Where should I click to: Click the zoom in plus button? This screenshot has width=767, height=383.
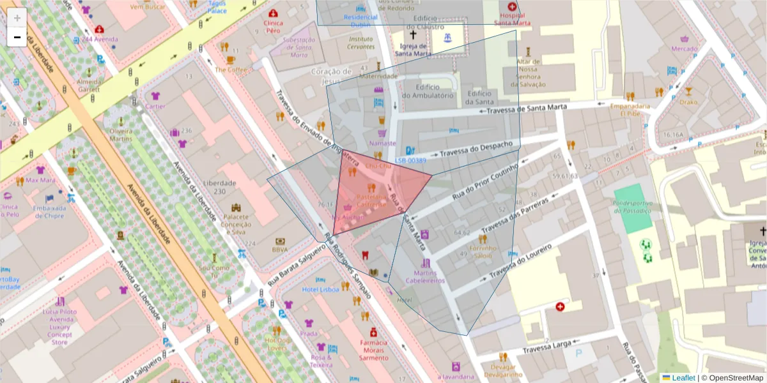[x=17, y=18]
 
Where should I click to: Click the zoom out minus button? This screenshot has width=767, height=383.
[x=17, y=37]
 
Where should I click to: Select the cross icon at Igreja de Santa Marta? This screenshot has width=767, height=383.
[x=413, y=35]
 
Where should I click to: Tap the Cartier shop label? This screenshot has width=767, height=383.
[x=155, y=106]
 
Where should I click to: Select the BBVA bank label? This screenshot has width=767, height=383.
[x=280, y=250]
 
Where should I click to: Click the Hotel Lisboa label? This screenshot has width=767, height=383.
[x=320, y=289]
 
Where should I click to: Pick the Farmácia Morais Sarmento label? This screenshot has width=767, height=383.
[x=373, y=350]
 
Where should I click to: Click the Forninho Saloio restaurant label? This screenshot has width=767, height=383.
[x=483, y=252]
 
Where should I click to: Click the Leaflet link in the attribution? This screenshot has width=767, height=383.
[x=683, y=378]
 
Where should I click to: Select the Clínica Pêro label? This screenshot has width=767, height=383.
[x=274, y=26]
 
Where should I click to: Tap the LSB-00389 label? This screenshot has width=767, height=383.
[x=410, y=161]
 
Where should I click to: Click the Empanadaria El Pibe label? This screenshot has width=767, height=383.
[x=630, y=109]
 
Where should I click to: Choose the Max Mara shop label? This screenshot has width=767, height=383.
[x=41, y=180]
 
